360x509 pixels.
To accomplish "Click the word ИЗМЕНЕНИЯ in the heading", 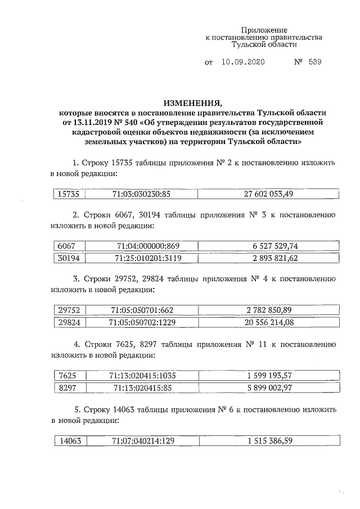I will (x=193, y=103).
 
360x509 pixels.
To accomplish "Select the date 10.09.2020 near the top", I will (x=243, y=63).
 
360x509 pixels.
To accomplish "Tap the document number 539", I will (x=315, y=63).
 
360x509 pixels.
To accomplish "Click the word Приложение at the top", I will (x=264, y=29).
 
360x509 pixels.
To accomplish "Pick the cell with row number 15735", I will (x=69, y=193).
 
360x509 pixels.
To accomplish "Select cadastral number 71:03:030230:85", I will (x=141, y=193).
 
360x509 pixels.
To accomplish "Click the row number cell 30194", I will (x=69, y=258).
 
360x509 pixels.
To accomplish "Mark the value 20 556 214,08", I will (x=269, y=322).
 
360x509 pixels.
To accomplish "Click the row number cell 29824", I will (x=69, y=322).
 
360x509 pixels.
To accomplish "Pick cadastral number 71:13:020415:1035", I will (x=147, y=375).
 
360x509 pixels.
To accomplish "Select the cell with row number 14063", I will (x=70, y=441).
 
